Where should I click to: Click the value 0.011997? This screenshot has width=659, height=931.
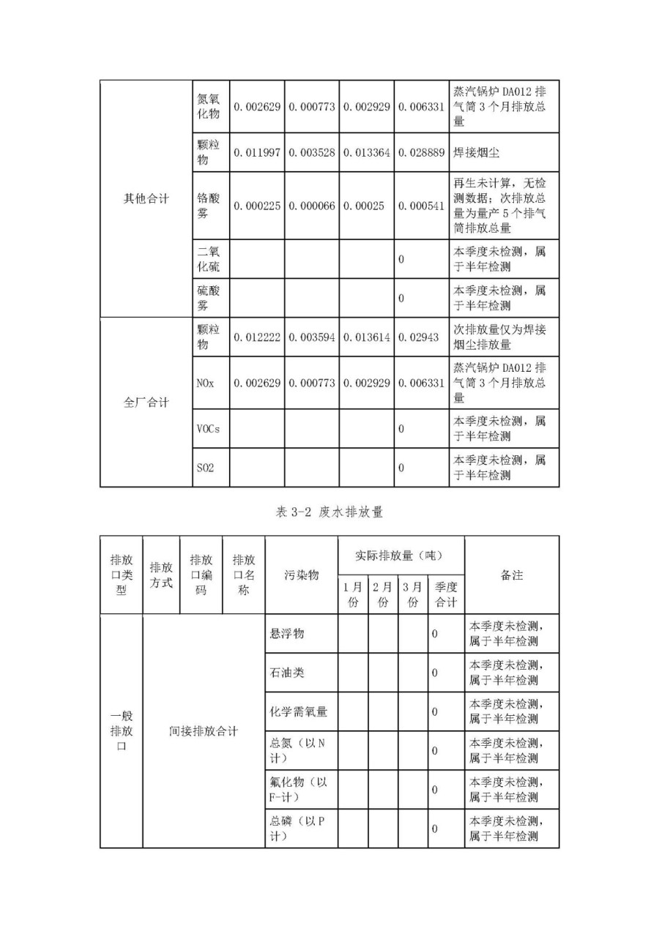257,152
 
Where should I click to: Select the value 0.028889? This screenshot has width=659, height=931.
421,152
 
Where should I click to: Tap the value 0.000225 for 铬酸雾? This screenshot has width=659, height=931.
257,206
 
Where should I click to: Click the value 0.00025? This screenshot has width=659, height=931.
364,206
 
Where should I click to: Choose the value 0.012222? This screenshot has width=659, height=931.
257,337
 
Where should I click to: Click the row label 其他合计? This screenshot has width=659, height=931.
146,198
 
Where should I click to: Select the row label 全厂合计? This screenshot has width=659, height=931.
146,402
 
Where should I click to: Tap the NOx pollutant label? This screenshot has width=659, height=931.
205,383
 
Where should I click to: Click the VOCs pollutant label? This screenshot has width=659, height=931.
208,429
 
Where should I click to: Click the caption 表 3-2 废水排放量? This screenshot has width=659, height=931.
329,512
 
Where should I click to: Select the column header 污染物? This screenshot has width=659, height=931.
301,575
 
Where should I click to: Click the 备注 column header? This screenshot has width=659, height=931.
511,575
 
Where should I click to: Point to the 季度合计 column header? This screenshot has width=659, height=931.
446,595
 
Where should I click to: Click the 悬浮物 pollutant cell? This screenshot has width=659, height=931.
287,633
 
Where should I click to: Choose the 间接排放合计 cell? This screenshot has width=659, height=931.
204,730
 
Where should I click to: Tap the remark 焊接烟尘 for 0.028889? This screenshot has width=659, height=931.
481,152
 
